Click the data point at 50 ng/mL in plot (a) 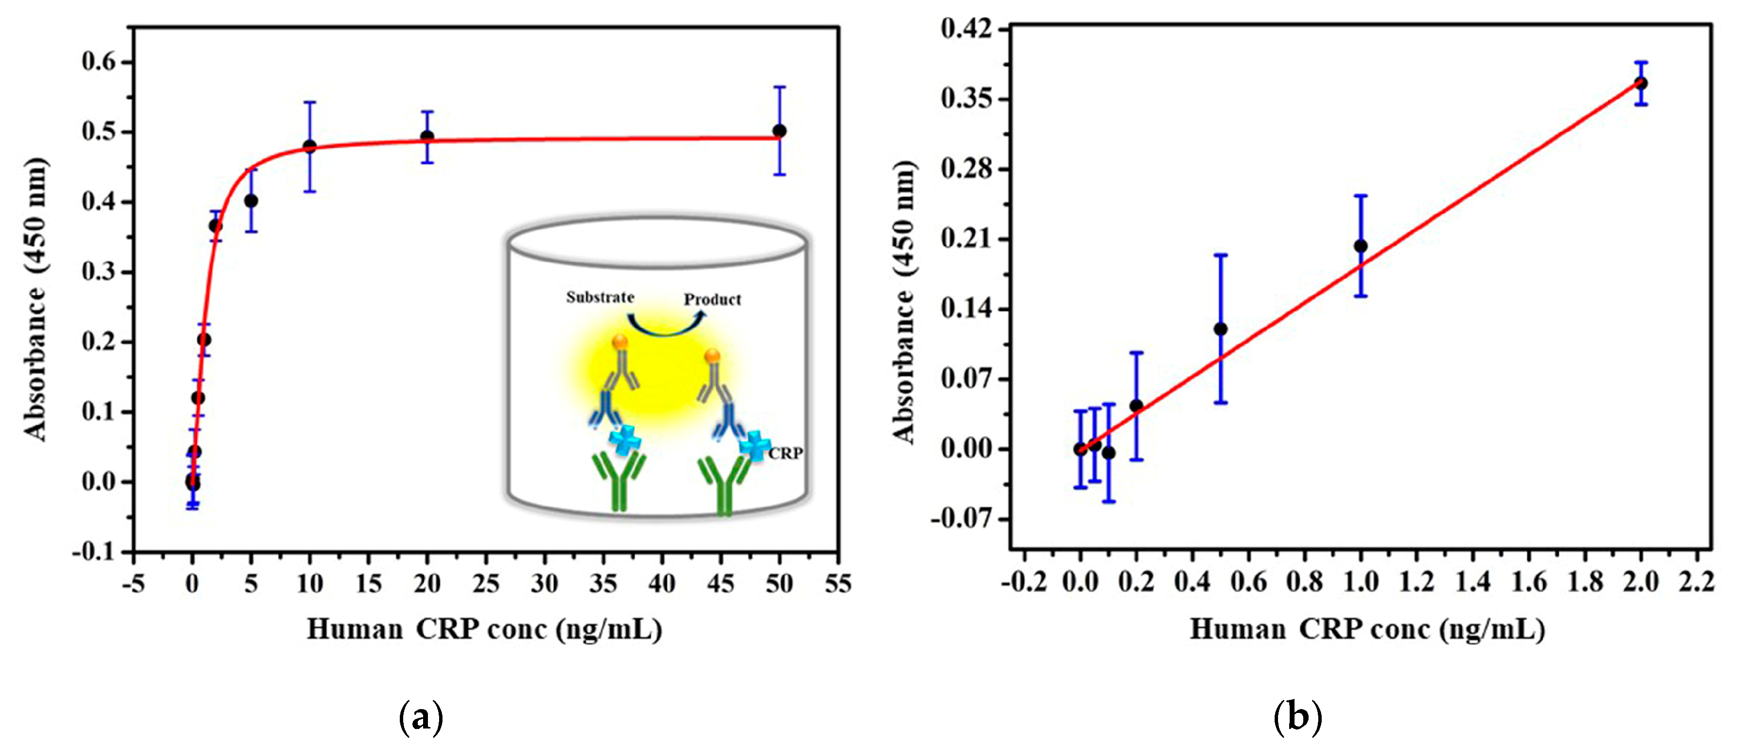(x=779, y=131)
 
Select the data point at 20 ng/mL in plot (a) (x=427, y=137)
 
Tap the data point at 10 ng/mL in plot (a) (x=310, y=147)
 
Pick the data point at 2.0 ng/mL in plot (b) (x=1641, y=83)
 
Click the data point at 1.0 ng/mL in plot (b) (x=1361, y=246)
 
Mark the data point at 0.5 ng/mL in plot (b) (x=1220, y=330)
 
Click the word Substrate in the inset (x=600, y=297)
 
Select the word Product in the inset (x=712, y=299)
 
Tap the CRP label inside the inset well (x=786, y=453)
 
